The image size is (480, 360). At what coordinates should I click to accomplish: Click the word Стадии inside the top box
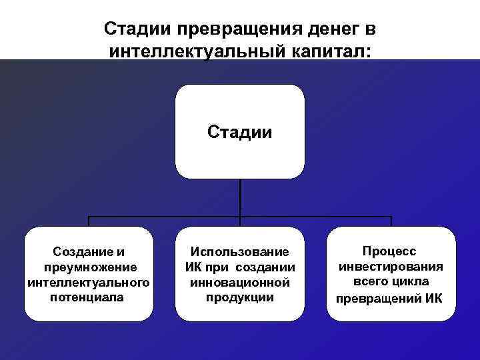[239, 131]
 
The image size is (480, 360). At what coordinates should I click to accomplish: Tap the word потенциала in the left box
[87, 297]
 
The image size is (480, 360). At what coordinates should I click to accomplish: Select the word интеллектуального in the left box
[89, 282]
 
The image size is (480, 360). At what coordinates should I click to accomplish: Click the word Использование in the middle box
[240, 252]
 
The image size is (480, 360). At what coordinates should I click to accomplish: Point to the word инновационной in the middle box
[240, 282]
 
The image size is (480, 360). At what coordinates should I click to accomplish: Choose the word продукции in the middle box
[240, 297]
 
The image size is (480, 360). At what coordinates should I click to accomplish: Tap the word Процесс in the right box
[389, 251]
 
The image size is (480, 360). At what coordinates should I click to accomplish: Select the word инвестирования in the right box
[391, 267]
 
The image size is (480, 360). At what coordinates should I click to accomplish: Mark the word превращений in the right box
[374, 297]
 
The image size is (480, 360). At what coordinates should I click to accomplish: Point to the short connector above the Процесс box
[391, 222]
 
